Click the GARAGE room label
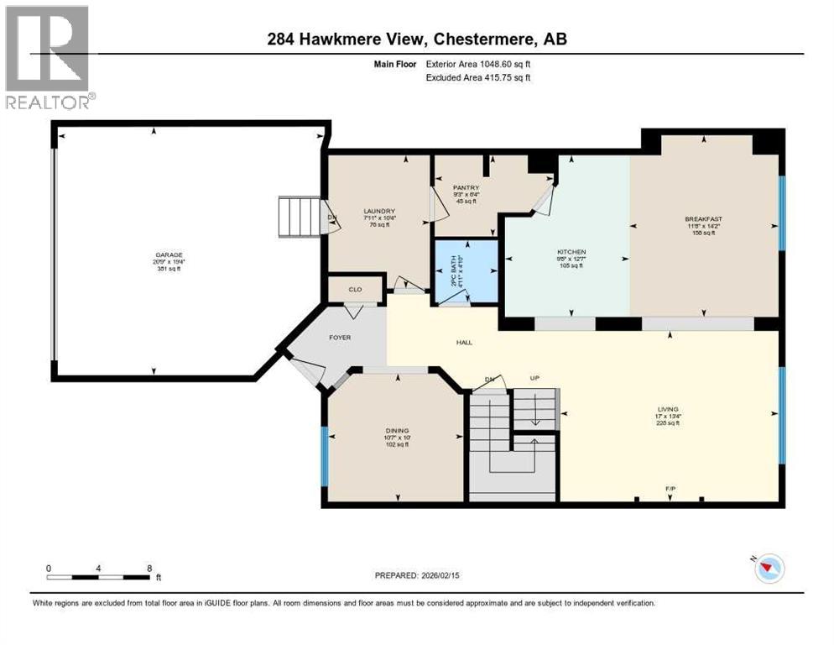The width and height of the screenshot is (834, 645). coord(168,255)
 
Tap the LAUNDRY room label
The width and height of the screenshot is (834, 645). coord(379,212)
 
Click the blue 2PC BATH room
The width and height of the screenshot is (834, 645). coord(465,270)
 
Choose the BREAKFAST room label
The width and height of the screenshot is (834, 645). coord(703,219)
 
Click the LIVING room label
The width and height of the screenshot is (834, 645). coord(668,410)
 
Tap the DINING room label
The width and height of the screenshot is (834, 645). coord(397,431)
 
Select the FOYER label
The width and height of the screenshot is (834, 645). coord(340,337)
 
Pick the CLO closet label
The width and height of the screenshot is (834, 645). coord(355,289)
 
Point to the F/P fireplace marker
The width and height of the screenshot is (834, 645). coord(670,488)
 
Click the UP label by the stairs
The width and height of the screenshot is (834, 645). coord(534,379)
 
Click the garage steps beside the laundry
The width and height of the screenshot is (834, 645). coord(300,218)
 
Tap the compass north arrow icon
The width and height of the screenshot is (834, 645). coord(768,569)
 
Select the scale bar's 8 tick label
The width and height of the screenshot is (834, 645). coord(149,568)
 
